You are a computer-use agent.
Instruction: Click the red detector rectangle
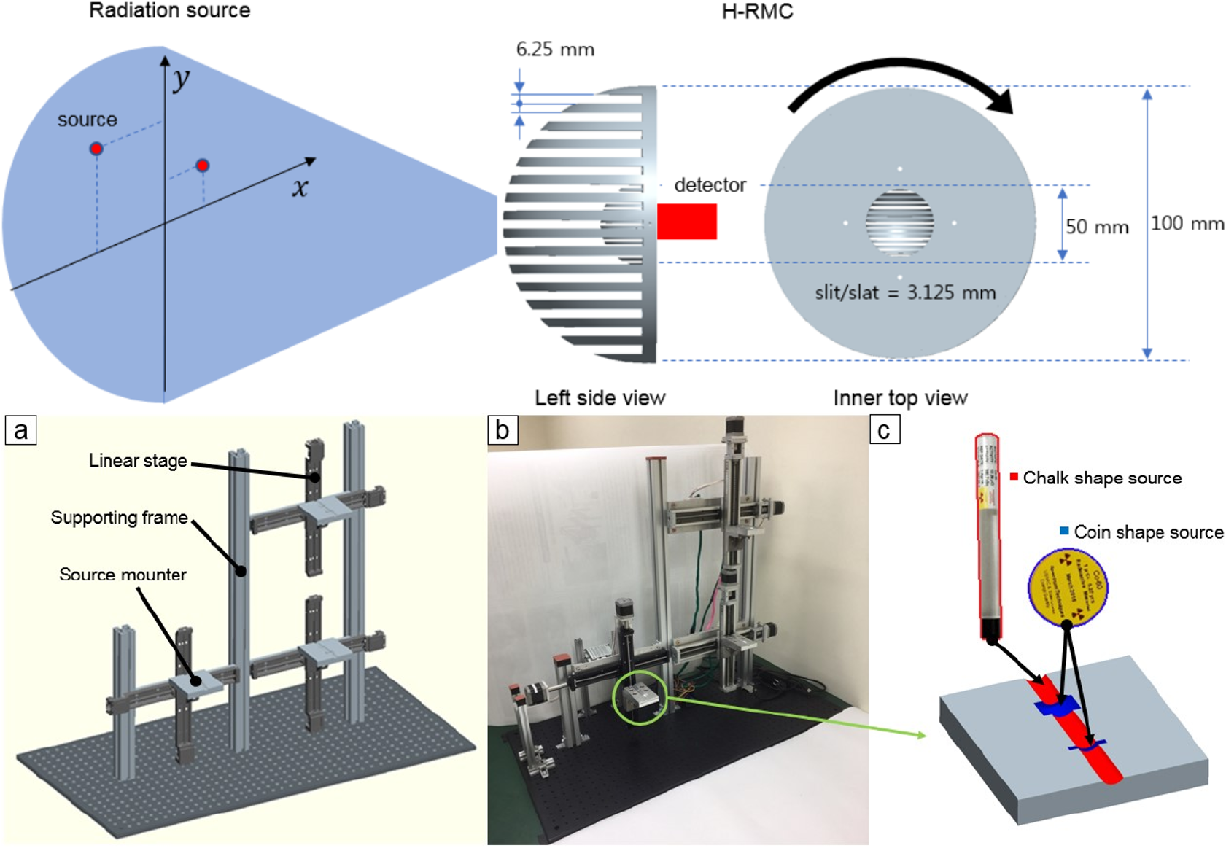686,221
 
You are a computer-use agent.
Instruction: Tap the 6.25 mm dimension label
555,50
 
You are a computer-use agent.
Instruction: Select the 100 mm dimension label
1187,223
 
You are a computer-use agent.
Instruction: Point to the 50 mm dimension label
1096,227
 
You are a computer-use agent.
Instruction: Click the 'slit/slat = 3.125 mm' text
905,293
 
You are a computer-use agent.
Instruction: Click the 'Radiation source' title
169,11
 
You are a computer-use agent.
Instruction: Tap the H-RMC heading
756,12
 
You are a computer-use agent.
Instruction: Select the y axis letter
181,78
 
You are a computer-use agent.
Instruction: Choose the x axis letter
300,188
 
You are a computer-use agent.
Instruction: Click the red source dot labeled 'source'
96,149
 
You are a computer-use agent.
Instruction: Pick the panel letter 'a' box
21,430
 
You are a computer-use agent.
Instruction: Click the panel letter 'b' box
503,430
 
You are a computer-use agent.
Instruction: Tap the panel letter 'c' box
884,430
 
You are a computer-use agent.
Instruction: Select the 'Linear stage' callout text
138,461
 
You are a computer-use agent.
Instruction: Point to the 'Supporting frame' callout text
119,518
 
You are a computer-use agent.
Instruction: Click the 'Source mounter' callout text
123,575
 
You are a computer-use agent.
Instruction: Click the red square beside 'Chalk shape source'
1014,477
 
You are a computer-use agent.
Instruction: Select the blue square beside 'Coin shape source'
1064,531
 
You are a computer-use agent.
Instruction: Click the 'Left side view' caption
600,398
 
